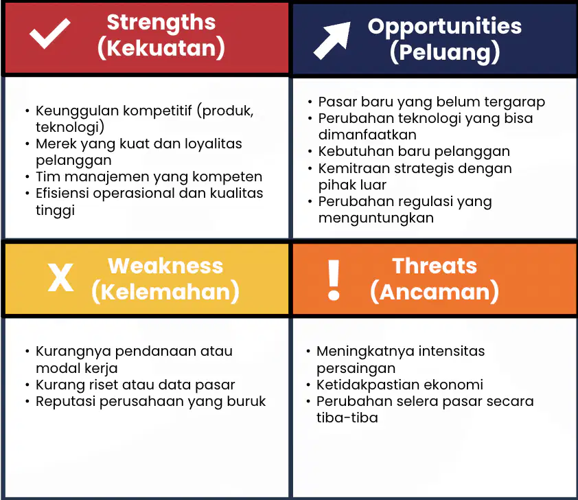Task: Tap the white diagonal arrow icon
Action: click(x=332, y=41)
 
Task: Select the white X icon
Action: click(x=61, y=277)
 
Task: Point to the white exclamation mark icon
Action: click(x=334, y=279)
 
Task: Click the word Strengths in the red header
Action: click(x=161, y=23)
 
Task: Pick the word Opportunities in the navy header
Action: click(x=445, y=27)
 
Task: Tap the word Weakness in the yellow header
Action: click(x=165, y=266)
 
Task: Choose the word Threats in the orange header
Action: click(x=435, y=266)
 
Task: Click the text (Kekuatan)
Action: click(x=161, y=48)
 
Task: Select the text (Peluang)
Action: click(x=445, y=52)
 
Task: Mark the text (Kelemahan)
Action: click(x=165, y=292)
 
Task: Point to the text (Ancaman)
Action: click(x=435, y=292)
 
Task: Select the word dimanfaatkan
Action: click(x=367, y=135)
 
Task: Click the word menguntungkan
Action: click(x=376, y=218)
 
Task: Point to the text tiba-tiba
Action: click(x=347, y=418)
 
